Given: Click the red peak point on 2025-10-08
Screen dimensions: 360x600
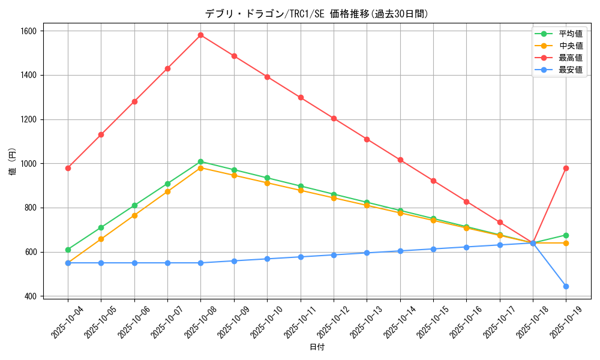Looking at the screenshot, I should [200, 35].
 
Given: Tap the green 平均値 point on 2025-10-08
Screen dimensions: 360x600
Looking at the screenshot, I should [200, 161].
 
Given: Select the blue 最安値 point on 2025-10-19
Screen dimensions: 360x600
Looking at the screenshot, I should [566, 286].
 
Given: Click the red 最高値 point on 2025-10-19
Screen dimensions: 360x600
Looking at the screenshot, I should [566, 168].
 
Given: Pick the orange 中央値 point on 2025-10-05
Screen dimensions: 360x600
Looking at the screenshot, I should [101, 239].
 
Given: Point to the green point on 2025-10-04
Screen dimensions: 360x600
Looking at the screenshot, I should [68, 250].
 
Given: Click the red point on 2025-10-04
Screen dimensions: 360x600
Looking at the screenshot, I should [68, 168].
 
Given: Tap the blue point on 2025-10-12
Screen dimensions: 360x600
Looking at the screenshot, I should [334, 255].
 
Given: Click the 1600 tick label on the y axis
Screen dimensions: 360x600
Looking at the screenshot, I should [28, 31].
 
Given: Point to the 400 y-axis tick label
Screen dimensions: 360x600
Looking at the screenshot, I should [31, 296].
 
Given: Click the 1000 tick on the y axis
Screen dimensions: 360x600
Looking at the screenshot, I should [28, 164].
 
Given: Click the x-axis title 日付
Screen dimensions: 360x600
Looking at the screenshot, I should [317, 347].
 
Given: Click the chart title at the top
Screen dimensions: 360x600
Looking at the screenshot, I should [317, 14].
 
